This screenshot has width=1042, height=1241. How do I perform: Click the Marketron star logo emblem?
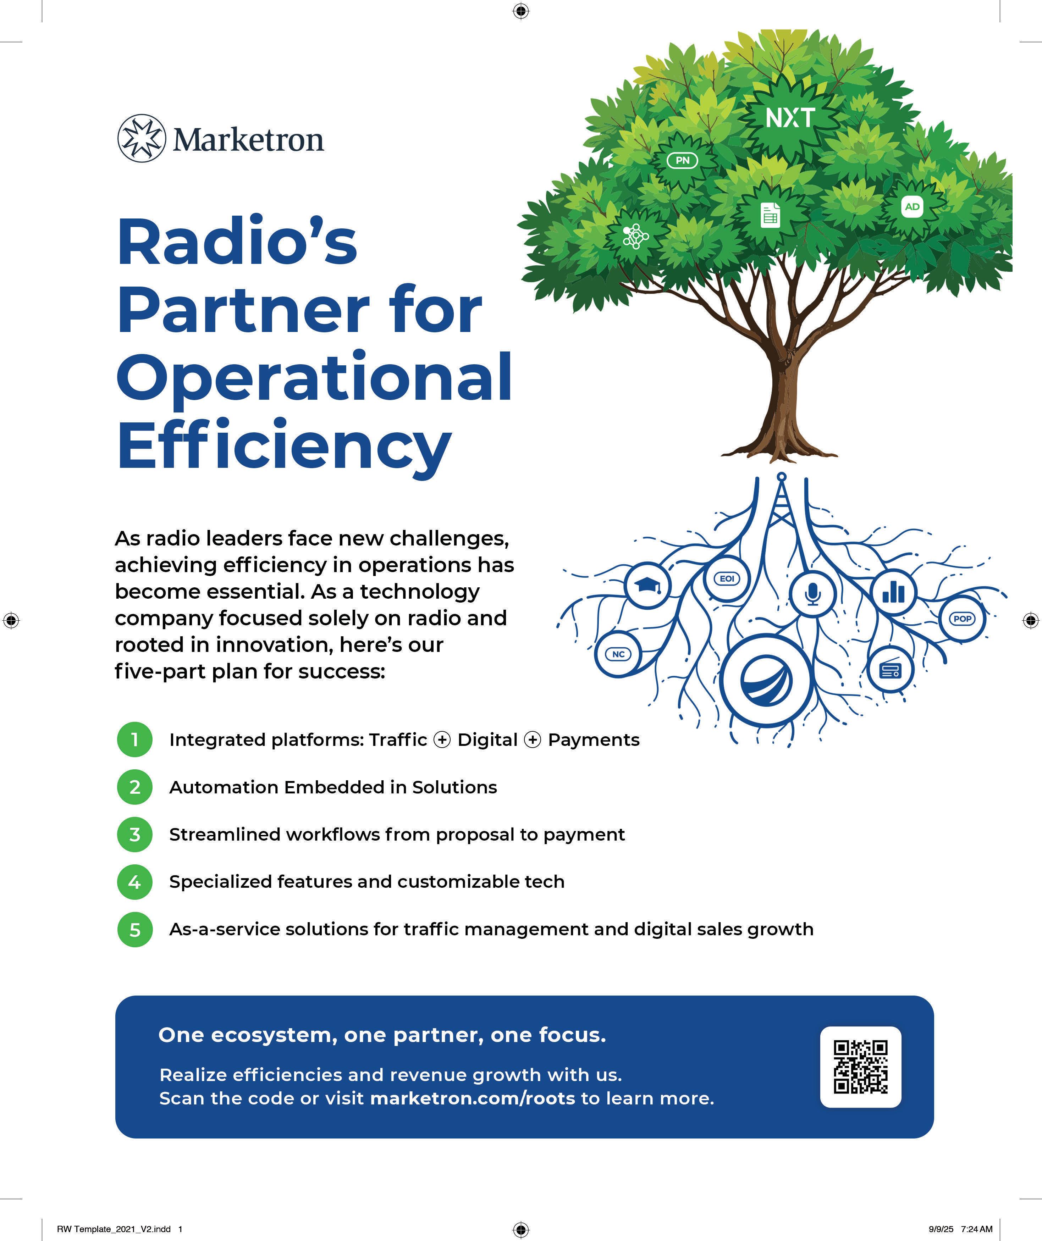(140, 138)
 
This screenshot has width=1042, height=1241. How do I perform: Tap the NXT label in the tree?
(790, 118)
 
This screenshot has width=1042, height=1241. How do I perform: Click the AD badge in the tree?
(912, 207)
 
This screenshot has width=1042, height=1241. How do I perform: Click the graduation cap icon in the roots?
(648, 585)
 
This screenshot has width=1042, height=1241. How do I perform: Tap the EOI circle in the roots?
(726, 578)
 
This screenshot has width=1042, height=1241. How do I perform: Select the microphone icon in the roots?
(813, 594)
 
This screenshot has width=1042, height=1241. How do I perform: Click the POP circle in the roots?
(962, 619)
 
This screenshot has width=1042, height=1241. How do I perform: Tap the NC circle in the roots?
(618, 654)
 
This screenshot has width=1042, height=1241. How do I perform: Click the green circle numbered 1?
(135, 739)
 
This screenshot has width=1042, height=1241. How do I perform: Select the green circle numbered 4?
(135, 882)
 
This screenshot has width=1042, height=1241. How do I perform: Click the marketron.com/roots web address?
(472, 1098)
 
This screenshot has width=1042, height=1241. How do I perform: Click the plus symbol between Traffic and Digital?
(442, 740)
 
